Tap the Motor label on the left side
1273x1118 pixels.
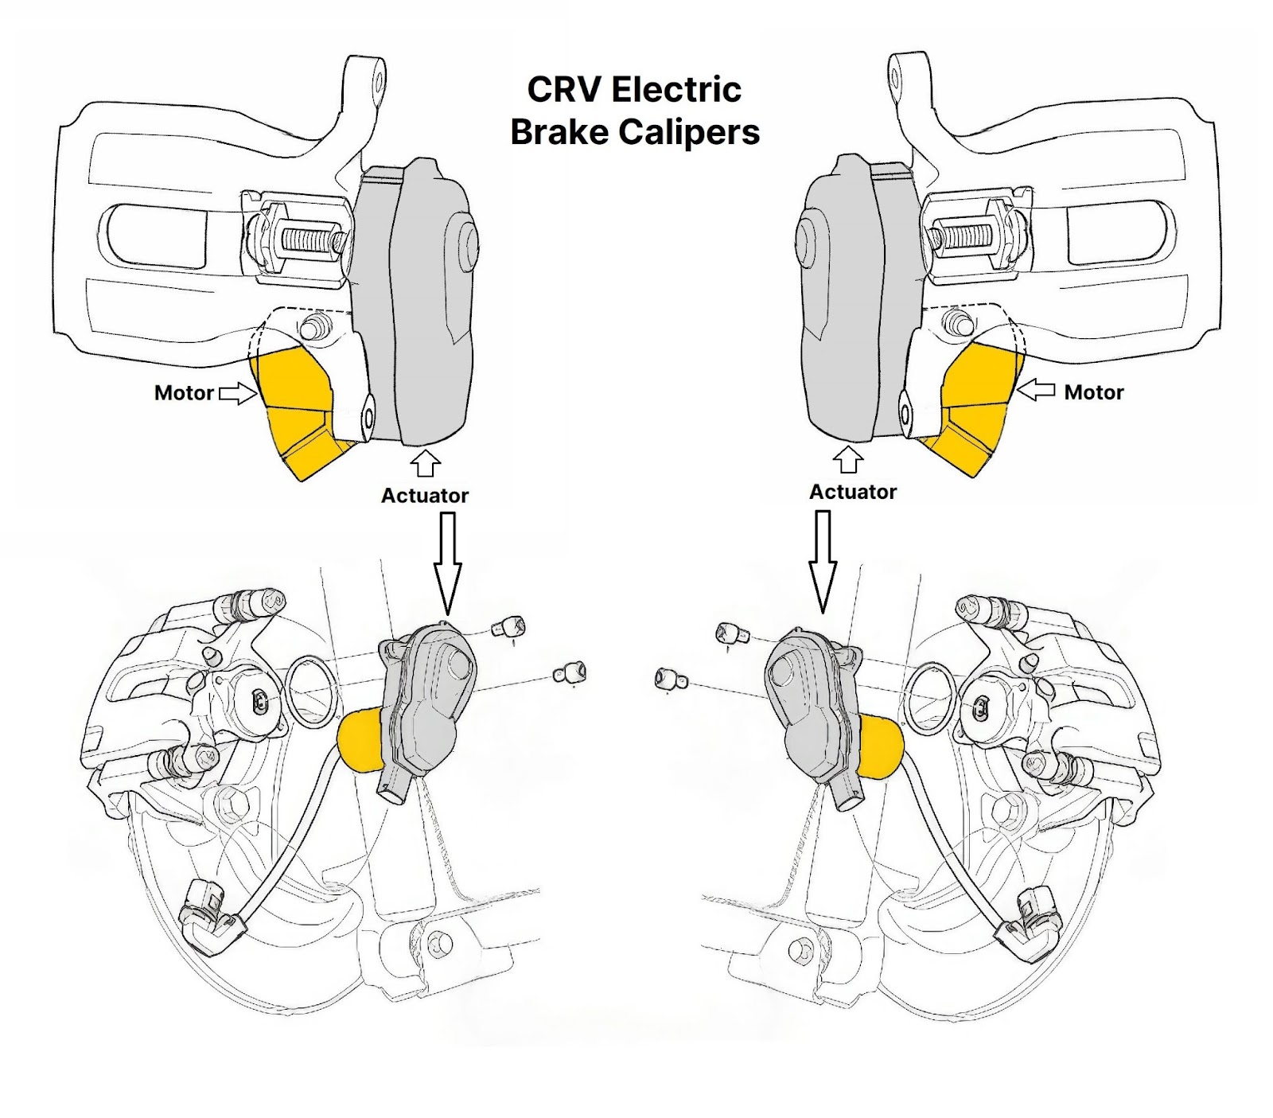tap(184, 392)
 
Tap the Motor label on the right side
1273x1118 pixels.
tap(1093, 391)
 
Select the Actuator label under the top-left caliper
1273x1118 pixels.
tap(425, 495)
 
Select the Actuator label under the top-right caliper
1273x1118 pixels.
tap(853, 492)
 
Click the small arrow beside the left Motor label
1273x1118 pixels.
tap(237, 392)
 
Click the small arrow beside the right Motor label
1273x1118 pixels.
tap(1036, 390)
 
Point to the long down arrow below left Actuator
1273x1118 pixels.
tap(448, 561)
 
